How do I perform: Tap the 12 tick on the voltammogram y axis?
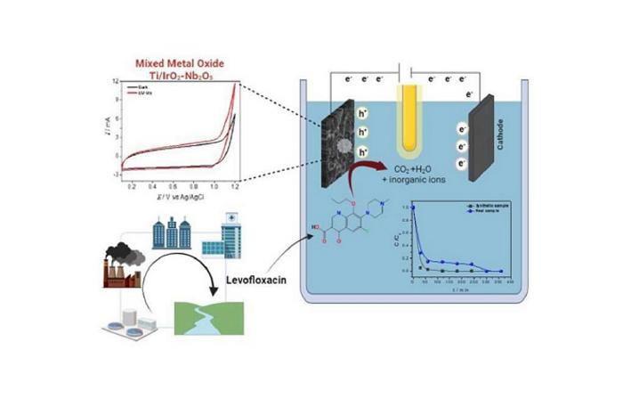tap(116, 81)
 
